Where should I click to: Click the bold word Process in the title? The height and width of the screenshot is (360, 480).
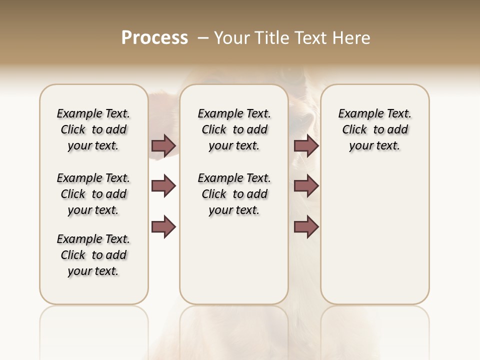tap(154, 38)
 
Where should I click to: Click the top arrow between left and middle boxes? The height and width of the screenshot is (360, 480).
tap(163, 145)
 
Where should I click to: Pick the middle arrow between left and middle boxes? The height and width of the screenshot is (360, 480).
tap(163, 186)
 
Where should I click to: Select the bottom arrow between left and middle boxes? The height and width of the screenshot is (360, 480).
tap(163, 226)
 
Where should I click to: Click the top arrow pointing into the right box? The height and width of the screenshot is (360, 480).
tap(306, 145)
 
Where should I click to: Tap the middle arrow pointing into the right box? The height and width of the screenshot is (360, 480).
tap(306, 186)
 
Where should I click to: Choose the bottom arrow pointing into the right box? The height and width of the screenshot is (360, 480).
tap(306, 226)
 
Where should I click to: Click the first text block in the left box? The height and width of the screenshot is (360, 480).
tap(93, 129)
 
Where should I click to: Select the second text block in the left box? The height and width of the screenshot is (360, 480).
tap(93, 194)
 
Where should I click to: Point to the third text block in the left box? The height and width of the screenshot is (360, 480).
tap(93, 255)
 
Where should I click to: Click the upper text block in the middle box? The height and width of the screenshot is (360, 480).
tap(234, 129)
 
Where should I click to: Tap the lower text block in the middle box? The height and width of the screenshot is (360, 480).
tap(234, 194)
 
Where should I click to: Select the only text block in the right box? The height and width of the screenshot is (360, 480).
tap(374, 129)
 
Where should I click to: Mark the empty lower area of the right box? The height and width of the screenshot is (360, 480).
tap(374, 235)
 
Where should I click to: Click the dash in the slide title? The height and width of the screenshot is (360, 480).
tap(203, 38)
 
